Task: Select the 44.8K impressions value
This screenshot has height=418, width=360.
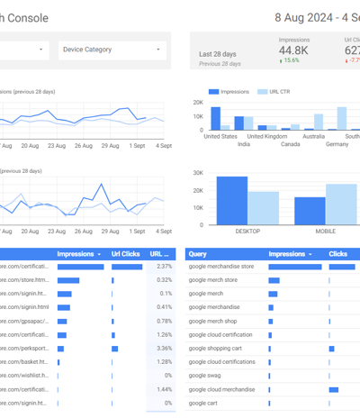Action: tap(294, 50)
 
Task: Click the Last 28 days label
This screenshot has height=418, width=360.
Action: tap(219, 54)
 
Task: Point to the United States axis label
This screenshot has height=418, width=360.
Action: tap(221, 136)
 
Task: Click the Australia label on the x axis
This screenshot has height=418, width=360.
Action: tap(313, 136)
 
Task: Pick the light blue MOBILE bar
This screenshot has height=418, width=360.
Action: tap(341, 204)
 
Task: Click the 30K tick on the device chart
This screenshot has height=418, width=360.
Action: tap(198, 172)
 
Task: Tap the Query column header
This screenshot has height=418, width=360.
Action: tap(198, 254)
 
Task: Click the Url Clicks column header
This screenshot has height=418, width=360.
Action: tap(125, 254)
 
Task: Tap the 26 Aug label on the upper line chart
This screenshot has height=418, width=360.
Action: tap(83, 144)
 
